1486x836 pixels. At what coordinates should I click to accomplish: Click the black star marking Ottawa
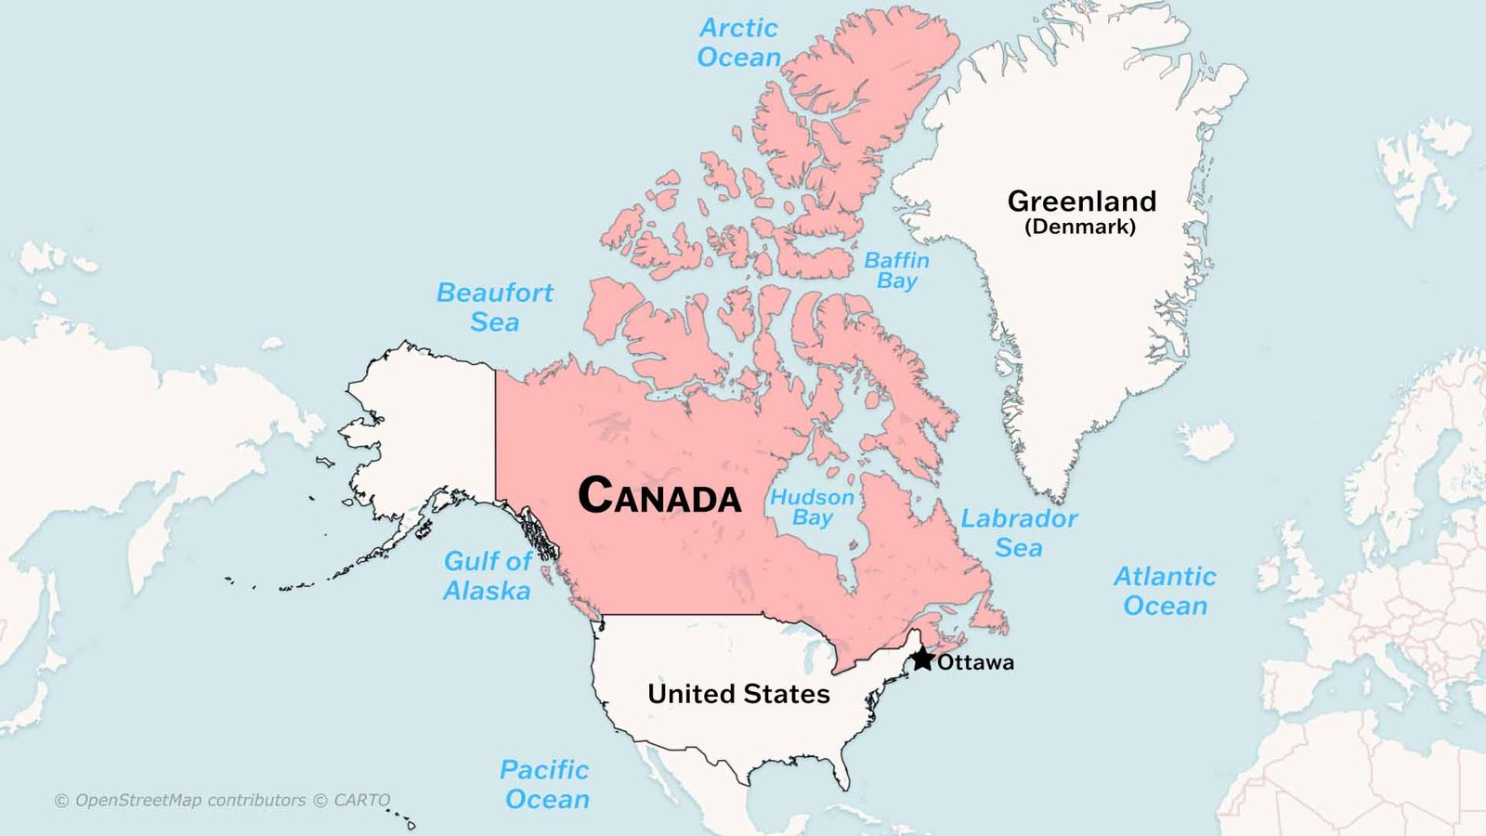pos(922,660)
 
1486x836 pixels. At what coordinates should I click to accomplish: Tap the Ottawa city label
pos(975,662)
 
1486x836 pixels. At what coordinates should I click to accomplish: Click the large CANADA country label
pos(659,495)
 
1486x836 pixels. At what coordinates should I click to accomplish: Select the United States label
pos(738,694)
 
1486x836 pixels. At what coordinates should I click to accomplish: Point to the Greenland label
pos(1082,202)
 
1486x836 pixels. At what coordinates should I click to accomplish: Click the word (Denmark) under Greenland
pos(1080,227)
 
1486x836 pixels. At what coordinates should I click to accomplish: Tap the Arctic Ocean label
pos(739,43)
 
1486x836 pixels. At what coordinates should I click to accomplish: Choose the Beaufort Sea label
pos(495,307)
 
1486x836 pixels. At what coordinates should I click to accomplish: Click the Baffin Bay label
pos(896,270)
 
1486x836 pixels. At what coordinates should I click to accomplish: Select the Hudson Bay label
pos(813,507)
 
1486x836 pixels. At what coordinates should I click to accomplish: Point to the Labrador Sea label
pos(1019,533)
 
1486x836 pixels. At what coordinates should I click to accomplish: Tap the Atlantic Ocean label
pos(1165,591)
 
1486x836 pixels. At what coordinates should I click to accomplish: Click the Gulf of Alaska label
pos(488,576)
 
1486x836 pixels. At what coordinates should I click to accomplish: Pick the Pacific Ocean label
pos(545,784)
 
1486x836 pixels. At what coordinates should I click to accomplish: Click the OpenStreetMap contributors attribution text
pos(190,800)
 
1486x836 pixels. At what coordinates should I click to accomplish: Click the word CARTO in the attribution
pos(362,800)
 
